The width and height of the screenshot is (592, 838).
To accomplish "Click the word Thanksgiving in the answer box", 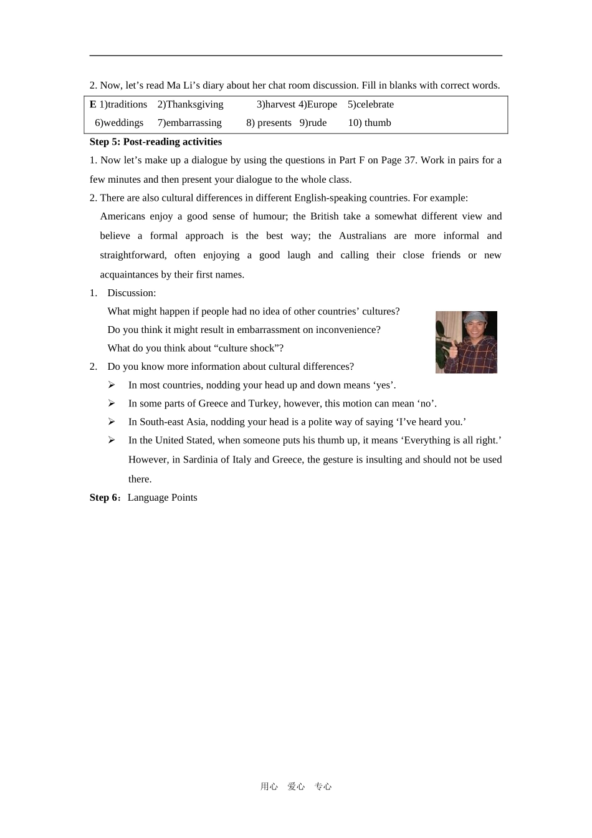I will pyautogui.click(x=194, y=104).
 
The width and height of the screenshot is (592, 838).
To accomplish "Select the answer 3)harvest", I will pyautogui.click(x=275, y=104).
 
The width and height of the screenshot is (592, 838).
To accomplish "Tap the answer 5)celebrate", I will pyautogui.click(x=371, y=104).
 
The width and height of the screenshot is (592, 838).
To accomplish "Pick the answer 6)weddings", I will pyautogui.click(x=119, y=123).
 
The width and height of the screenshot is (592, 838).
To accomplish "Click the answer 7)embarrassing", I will pyautogui.click(x=189, y=123).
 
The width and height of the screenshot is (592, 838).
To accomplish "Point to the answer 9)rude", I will pyautogui.click(x=313, y=123).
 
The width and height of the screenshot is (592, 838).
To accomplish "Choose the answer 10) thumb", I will pyautogui.click(x=370, y=123).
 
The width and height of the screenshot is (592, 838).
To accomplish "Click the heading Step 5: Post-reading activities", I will pyautogui.click(x=156, y=142).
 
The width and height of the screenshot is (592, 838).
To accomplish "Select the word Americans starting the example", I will pyautogui.click(x=123, y=216).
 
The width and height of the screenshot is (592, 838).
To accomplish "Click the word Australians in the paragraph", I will pyautogui.click(x=363, y=236).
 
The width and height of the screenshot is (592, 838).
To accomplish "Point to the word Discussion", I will pyautogui.click(x=131, y=293).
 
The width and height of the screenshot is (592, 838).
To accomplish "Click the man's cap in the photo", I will pyautogui.click(x=475, y=317).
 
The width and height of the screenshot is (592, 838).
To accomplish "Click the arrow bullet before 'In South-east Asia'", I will pyautogui.click(x=112, y=422).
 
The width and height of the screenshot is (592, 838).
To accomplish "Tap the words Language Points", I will pyautogui.click(x=162, y=498).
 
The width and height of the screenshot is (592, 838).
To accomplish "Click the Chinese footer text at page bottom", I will pyautogui.click(x=296, y=787).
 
